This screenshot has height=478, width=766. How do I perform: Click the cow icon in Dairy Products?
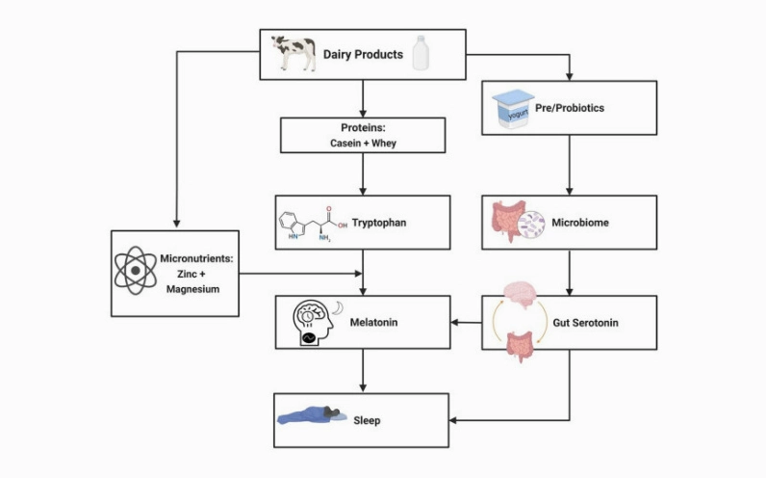(x=294, y=53)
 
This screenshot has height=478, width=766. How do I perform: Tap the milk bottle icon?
(x=421, y=53)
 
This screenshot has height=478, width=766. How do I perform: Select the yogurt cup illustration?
(x=513, y=109)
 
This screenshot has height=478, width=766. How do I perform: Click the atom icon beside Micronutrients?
(x=136, y=271)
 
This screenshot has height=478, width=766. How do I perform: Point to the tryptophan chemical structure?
(x=313, y=225)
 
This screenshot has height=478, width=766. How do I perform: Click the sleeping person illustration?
(x=312, y=415)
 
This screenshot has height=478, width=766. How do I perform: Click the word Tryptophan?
(x=379, y=223)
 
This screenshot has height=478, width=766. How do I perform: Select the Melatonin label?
(x=373, y=323)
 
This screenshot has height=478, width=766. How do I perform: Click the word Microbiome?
(x=580, y=223)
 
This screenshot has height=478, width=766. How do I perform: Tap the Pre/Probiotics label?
(x=570, y=108)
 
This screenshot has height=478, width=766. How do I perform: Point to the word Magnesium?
(x=193, y=289)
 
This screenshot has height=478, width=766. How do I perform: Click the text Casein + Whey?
(x=363, y=144)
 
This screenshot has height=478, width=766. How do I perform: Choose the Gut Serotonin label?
(x=586, y=323)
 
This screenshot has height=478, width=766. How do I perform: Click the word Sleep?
(x=367, y=421)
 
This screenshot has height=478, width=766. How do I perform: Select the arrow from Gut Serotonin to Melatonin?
(x=466, y=323)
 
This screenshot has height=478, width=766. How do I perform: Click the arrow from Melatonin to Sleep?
(x=363, y=370)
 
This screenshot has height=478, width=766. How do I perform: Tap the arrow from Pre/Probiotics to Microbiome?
(x=569, y=166)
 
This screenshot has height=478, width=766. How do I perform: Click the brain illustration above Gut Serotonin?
(x=521, y=294)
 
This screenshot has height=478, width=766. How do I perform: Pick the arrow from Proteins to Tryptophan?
(x=363, y=174)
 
